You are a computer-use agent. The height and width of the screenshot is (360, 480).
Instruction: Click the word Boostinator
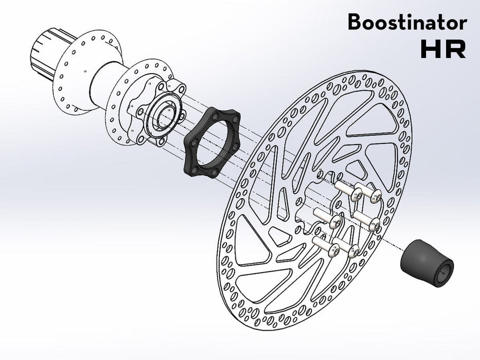[407, 23]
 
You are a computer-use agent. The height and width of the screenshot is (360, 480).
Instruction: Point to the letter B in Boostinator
[354, 23]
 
